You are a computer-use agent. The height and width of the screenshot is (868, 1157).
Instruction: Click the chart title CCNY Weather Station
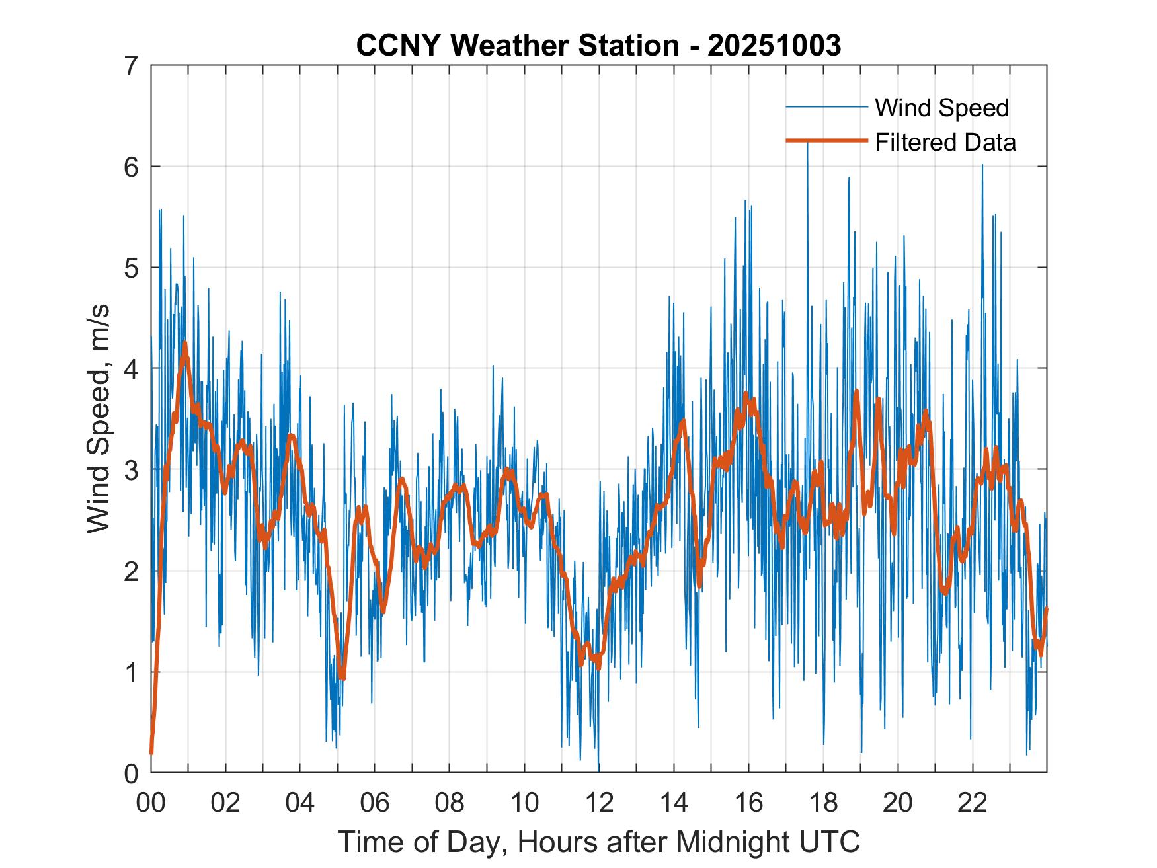pyautogui.click(x=517, y=46)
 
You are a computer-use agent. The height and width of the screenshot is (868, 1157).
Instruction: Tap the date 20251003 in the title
pyautogui.click(x=774, y=46)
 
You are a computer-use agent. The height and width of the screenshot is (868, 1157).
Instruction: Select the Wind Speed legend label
pyautogui.click(x=941, y=108)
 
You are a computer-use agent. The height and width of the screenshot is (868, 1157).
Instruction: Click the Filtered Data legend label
pyautogui.click(x=945, y=142)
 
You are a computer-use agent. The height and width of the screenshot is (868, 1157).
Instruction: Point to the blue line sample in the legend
pyautogui.click(x=826, y=107)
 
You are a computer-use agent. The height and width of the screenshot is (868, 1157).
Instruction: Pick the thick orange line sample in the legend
pyautogui.click(x=826, y=141)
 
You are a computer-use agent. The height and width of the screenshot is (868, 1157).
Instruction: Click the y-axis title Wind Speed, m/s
pyautogui.click(x=99, y=419)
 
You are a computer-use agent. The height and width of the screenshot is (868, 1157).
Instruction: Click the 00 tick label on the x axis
pyautogui.click(x=151, y=803)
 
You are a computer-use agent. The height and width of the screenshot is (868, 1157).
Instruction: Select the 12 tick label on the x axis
pyautogui.click(x=599, y=803)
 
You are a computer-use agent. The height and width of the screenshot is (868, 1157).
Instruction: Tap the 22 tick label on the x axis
pyautogui.click(x=973, y=803)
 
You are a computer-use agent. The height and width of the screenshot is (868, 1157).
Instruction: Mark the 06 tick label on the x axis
pyautogui.click(x=375, y=803)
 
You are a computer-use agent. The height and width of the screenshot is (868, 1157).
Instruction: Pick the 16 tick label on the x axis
pyautogui.click(x=748, y=803)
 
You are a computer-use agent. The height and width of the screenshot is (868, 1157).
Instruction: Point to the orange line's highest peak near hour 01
pyautogui.click(x=184, y=343)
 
